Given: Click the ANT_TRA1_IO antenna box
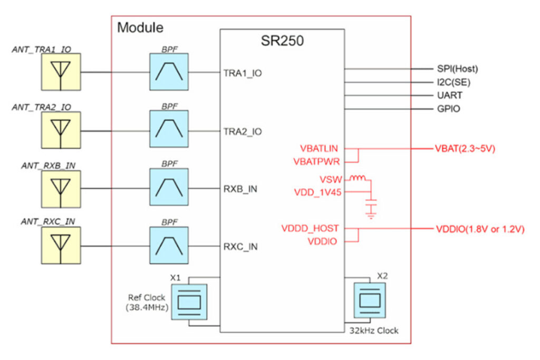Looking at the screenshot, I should tap(62, 72).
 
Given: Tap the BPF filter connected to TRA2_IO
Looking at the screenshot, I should tap(169, 129).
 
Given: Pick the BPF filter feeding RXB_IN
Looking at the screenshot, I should tap(169, 187).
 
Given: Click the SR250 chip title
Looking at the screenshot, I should tap(282, 41).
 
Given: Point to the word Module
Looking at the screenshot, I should tap(140, 27).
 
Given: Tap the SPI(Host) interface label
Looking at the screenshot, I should tap(457, 69).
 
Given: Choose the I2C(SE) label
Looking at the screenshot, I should tap(454, 82).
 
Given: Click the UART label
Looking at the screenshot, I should tap(449, 96).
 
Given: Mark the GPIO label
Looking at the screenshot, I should tap(448, 109).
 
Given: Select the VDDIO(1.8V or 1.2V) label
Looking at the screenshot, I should tap(479, 229).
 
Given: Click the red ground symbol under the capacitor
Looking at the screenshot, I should tap(372, 213).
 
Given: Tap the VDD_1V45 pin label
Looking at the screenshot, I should tap(317, 192).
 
